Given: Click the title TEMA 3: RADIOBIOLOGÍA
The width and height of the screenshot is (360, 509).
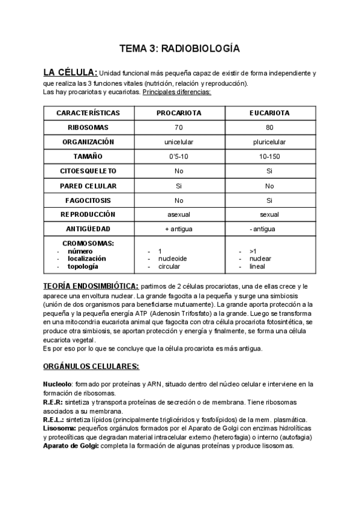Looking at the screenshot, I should [x=179, y=47].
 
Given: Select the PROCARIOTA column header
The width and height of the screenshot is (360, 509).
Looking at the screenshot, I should [x=178, y=113].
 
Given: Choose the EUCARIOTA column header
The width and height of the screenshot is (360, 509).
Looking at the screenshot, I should [x=269, y=113].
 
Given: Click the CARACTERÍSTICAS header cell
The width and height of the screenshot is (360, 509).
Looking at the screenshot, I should [x=88, y=113].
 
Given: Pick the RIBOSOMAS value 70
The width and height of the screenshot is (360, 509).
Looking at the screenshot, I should [x=178, y=127].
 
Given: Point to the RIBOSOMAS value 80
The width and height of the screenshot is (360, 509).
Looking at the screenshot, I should [x=269, y=127].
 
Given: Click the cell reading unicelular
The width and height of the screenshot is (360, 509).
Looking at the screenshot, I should [x=178, y=142].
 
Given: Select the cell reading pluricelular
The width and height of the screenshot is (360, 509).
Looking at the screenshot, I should [x=269, y=142].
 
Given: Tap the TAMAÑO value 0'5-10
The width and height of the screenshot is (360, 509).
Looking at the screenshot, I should [x=178, y=156].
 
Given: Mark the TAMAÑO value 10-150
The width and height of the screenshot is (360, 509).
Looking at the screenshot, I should [x=269, y=156].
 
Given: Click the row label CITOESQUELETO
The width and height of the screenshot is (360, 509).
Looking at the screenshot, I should [x=88, y=171].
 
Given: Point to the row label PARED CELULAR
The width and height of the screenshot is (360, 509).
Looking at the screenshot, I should [x=88, y=185].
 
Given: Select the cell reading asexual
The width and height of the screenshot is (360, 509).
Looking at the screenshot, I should [x=178, y=214].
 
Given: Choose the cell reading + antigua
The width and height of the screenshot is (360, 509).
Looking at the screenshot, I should [x=178, y=229].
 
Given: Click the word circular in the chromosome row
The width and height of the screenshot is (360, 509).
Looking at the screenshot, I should [x=169, y=266].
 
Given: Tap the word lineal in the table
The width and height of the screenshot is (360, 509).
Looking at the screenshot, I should [x=259, y=266].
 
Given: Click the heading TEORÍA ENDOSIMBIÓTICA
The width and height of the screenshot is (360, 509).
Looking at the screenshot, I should [x=91, y=286].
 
